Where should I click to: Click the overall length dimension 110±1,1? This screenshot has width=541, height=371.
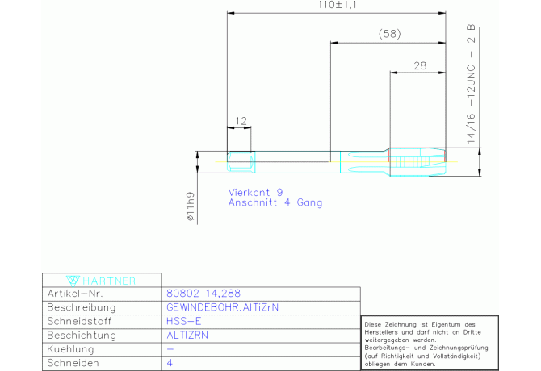(x=337, y=5)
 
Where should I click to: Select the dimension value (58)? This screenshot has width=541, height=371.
(x=389, y=34)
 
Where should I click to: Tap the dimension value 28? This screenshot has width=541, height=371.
(x=420, y=65)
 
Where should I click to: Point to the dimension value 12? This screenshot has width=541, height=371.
(x=241, y=121)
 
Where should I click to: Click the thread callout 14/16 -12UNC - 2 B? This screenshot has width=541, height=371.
(x=471, y=84)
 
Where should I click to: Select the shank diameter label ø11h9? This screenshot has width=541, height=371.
(x=190, y=206)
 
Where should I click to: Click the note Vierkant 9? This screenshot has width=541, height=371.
(x=255, y=192)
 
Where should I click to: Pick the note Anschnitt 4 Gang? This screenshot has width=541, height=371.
(x=275, y=202)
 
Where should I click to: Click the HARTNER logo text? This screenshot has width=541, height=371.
(x=109, y=281)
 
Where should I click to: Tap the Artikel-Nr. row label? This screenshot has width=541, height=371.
(x=75, y=294)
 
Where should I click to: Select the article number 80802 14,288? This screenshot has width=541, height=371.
(x=203, y=294)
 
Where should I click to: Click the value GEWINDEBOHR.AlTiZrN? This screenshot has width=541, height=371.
(x=222, y=307)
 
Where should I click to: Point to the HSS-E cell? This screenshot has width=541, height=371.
(x=183, y=321)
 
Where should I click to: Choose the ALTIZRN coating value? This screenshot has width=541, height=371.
(x=187, y=336)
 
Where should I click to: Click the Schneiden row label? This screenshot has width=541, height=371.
(x=73, y=363)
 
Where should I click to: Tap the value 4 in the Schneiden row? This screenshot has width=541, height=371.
(x=170, y=363)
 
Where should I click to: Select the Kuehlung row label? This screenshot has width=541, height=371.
(x=70, y=349)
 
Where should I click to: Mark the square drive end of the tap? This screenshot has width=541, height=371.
(x=241, y=162)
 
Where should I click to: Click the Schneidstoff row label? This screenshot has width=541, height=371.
(x=79, y=321)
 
